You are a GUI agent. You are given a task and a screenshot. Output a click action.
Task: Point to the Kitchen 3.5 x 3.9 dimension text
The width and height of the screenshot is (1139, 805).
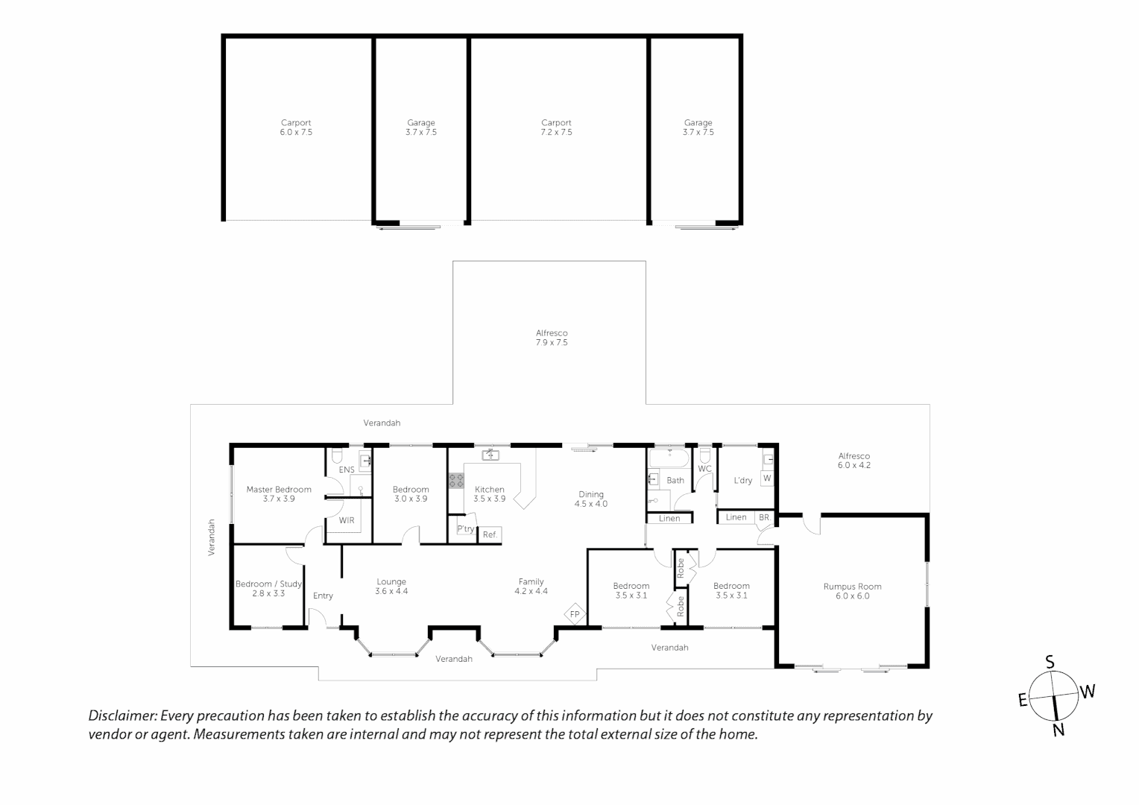click(490, 499)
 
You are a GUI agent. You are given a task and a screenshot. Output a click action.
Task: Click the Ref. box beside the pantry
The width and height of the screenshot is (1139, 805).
click(490, 534)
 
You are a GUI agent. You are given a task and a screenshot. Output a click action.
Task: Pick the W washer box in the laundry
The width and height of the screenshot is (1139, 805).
click(767, 478)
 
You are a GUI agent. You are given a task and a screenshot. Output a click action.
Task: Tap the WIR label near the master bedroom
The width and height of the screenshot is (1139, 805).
click(347, 520)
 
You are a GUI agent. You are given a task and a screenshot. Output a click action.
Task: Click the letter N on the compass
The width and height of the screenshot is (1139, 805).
click(1058, 730)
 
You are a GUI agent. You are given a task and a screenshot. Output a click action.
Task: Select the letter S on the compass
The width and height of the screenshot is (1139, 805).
click(1050, 662)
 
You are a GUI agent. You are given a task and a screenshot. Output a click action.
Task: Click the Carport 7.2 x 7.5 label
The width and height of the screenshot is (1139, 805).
click(556, 127)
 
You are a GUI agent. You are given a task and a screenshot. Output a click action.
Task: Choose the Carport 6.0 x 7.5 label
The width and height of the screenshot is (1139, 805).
click(296, 127)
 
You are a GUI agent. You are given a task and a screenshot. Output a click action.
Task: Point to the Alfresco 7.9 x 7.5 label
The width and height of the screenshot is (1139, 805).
click(552, 338)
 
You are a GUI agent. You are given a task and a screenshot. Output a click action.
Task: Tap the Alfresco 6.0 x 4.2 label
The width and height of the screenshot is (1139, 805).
click(854, 461)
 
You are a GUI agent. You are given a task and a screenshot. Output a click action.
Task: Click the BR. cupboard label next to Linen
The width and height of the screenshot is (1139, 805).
click(764, 517)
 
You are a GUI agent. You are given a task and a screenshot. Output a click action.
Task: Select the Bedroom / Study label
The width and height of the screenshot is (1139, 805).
click(268, 584)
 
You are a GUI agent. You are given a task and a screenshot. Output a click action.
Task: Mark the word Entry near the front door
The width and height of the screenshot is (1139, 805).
click(323, 596)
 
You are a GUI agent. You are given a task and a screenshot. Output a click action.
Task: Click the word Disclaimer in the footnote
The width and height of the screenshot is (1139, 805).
click(123, 716)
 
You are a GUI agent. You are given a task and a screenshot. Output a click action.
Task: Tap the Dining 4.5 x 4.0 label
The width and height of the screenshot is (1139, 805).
click(591, 499)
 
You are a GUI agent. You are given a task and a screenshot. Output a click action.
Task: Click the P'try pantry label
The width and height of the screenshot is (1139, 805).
click(465, 529)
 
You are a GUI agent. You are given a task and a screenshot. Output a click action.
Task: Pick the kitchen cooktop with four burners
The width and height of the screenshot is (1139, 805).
click(455, 481)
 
